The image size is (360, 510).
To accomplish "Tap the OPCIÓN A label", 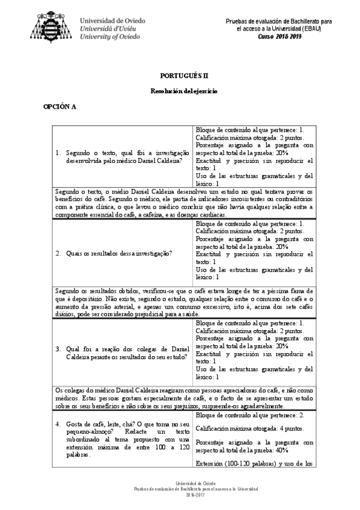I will tap(59, 106).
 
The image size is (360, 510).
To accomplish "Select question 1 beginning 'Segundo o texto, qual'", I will tap(127, 156).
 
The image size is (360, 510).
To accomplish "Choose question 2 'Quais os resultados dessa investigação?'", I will tap(114, 253).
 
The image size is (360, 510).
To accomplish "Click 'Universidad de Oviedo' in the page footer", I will tap(180, 484).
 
